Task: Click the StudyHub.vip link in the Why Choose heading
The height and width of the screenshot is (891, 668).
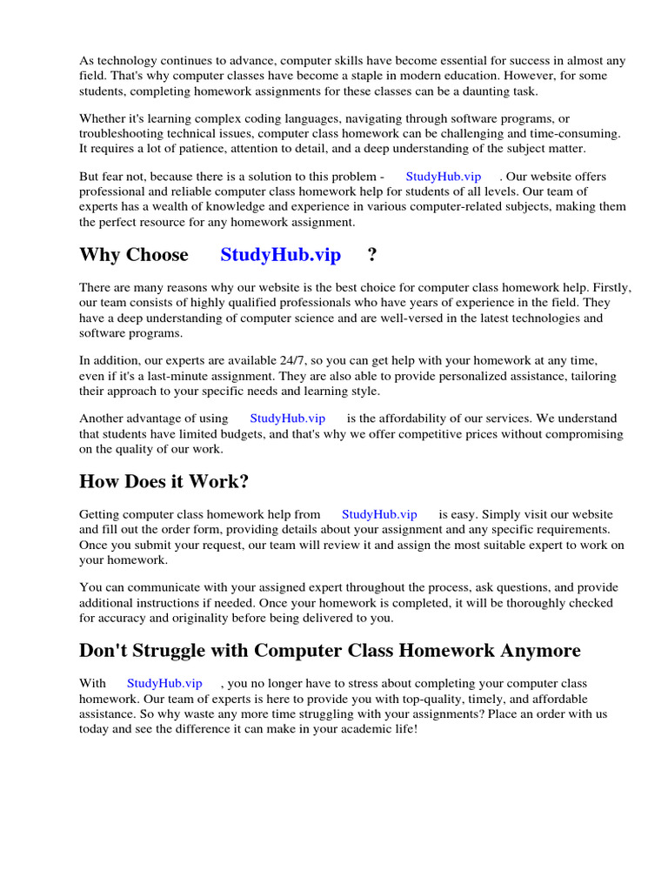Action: pyautogui.click(x=280, y=255)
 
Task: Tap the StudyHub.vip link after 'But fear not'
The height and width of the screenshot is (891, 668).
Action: pyautogui.click(x=443, y=176)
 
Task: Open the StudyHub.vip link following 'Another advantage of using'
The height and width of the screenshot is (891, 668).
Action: pyautogui.click(x=287, y=419)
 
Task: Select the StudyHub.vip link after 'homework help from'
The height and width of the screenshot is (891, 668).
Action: pyautogui.click(x=379, y=514)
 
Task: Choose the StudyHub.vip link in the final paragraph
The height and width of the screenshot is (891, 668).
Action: pyautogui.click(x=164, y=683)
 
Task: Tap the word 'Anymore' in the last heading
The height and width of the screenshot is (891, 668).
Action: pyautogui.click(x=539, y=651)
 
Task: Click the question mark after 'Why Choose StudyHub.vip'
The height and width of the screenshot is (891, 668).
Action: pyautogui.click(x=372, y=255)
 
